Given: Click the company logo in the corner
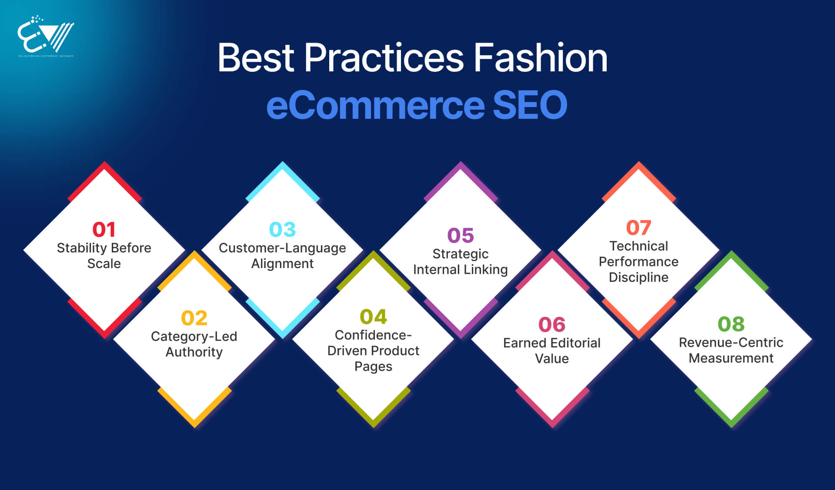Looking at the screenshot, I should [x=46, y=37].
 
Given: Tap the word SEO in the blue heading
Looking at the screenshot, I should [x=529, y=105].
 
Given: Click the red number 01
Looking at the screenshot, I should [x=104, y=229].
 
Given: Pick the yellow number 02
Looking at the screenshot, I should [x=194, y=318].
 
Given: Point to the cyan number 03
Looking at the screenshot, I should [x=282, y=229].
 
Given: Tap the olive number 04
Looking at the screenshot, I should [x=373, y=317].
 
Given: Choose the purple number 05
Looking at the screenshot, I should [x=461, y=235].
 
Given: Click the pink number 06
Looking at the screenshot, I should [x=551, y=325].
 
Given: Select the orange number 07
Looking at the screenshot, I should [x=638, y=228].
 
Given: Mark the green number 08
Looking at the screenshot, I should [x=731, y=324].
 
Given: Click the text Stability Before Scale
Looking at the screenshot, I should [x=104, y=255].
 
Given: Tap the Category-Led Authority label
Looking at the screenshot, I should [x=194, y=344].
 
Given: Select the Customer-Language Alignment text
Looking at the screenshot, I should [x=282, y=255].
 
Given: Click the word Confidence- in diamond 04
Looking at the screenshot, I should [x=373, y=335].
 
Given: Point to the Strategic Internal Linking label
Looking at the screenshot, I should [x=461, y=262].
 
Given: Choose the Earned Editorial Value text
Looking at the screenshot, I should [x=551, y=350].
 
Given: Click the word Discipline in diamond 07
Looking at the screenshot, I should [x=638, y=277].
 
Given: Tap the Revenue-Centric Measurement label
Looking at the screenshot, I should [x=731, y=350].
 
